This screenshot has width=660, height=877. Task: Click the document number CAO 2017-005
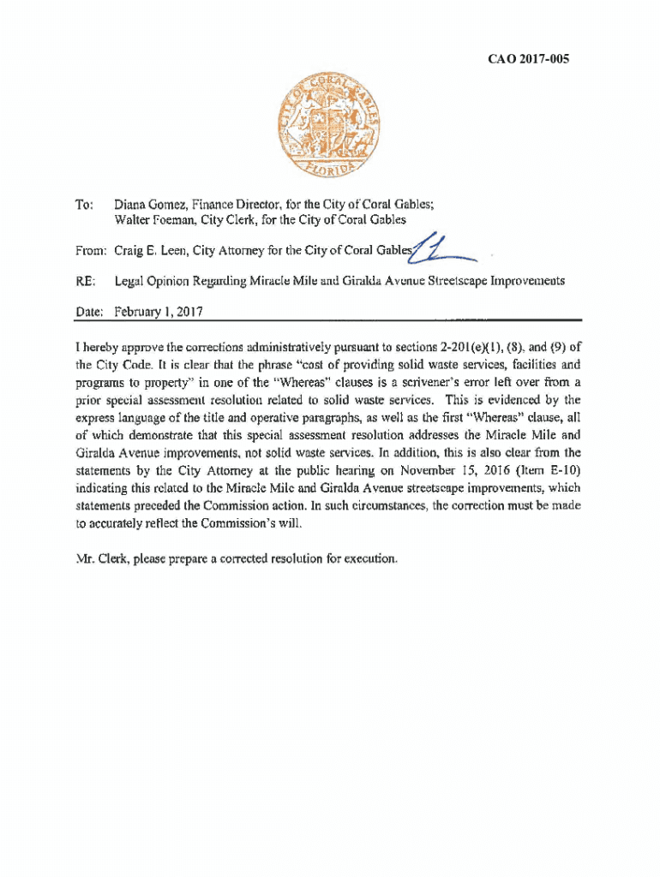[529, 59]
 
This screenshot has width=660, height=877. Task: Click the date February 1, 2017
[159, 311]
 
